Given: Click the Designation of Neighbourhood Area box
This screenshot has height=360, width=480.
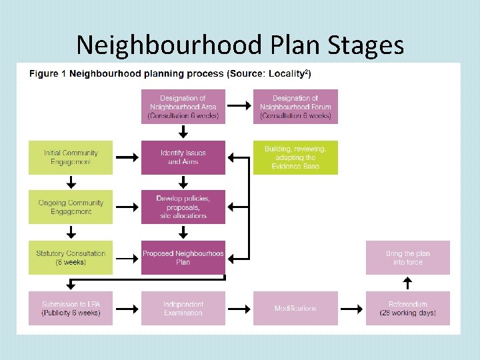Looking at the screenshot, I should (x=183, y=107).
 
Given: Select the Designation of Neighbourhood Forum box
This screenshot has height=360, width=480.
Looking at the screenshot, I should (x=295, y=107).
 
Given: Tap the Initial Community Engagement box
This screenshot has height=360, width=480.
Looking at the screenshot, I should (x=71, y=157).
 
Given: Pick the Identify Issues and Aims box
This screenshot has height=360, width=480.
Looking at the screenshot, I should (x=183, y=157).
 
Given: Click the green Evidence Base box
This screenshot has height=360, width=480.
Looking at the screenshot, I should (x=295, y=157).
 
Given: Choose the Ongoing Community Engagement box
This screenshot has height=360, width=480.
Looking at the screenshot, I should (x=71, y=207).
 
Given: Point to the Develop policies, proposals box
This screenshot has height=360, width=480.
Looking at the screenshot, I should (x=183, y=207).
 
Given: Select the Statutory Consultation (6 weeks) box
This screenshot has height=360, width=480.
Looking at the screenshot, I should (x=71, y=257).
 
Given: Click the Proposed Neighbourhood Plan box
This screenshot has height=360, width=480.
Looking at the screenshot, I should (x=183, y=257).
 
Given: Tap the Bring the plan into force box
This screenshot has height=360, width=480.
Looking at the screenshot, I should (x=407, y=257).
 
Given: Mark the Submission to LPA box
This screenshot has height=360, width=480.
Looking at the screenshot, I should (x=71, y=308).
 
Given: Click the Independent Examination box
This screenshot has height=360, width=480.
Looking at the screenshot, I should (x=183, y=308).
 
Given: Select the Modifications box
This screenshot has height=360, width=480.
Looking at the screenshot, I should (x=295, y=308).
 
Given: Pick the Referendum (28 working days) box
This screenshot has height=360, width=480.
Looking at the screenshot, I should (x=407, y=308).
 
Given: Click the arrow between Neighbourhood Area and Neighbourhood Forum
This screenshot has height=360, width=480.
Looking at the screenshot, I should (x=239, y=107).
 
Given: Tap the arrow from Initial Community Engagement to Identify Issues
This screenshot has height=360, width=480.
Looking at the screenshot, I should (x=127, y=157).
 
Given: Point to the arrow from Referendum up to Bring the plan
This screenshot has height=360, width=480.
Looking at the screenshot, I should (x=407, y=283).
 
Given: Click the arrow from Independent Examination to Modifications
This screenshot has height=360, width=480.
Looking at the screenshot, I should (x=239, y=308).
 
